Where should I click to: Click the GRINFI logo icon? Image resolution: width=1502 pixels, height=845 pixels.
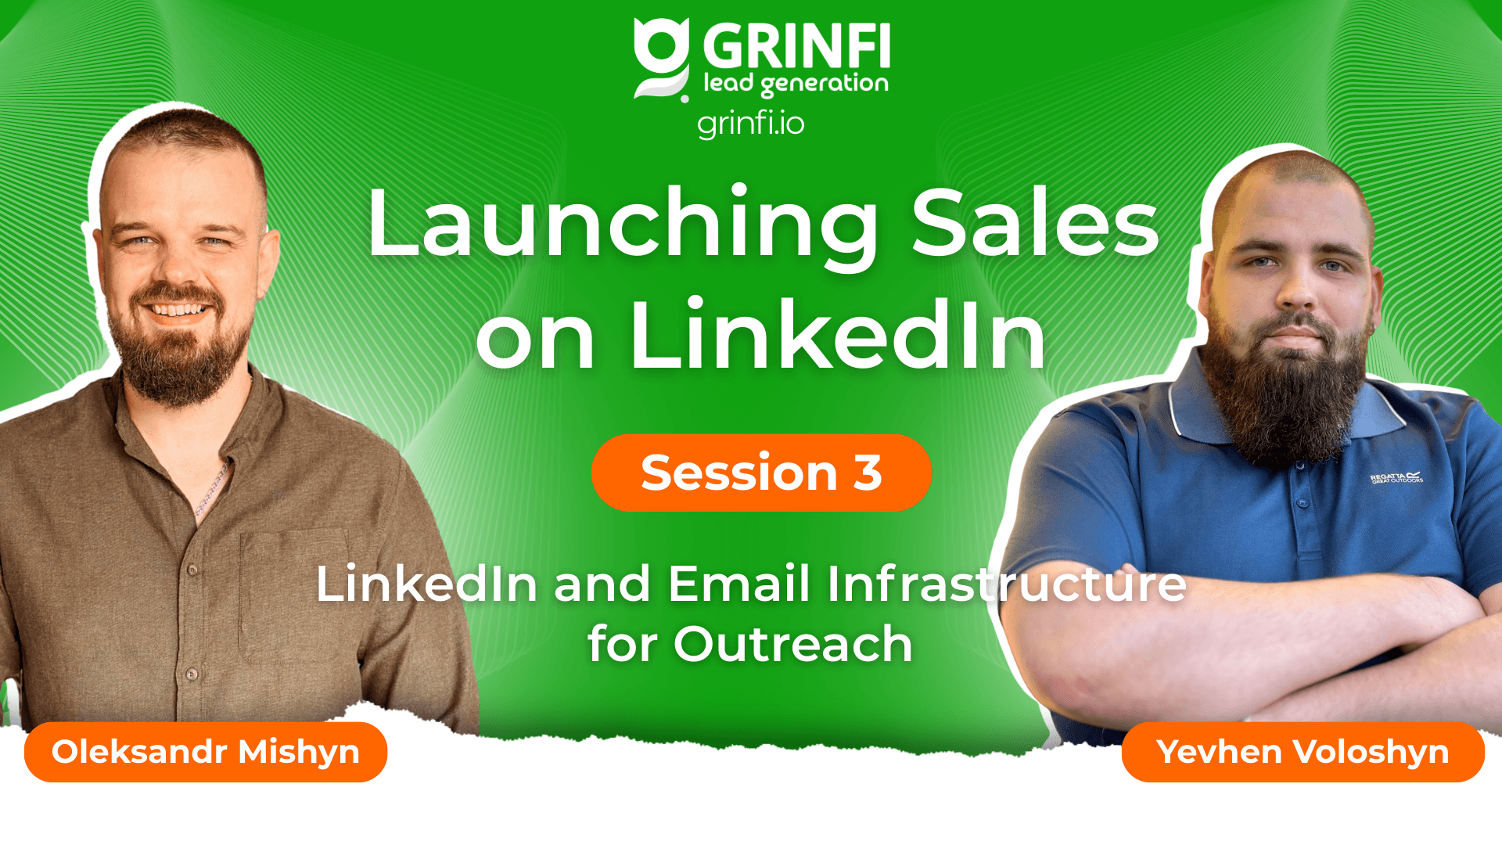[662, 59]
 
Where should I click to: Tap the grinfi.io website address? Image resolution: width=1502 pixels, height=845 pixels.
[750, 124]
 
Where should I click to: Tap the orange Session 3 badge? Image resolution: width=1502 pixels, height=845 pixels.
[761, 473]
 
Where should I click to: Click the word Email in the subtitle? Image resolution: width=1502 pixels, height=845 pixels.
[738, 584]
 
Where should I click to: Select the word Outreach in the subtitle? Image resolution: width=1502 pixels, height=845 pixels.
[793, 645]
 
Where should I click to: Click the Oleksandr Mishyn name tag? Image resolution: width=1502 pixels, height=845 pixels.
[206, 752]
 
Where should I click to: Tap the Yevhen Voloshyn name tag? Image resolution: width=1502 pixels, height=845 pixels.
[1303, 752]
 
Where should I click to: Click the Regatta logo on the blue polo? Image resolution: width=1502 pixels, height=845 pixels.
[1396, 477]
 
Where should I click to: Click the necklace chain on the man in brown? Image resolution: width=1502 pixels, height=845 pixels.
[213, 489]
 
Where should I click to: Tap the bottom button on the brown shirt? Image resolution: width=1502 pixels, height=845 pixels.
[192, 674]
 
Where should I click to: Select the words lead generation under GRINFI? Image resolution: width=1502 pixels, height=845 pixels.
[796, 84]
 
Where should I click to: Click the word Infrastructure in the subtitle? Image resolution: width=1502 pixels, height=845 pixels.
[1007, 584]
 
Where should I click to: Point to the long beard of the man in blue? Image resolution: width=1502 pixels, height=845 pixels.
[1287, 391]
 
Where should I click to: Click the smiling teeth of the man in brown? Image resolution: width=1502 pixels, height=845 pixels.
[179, 310]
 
